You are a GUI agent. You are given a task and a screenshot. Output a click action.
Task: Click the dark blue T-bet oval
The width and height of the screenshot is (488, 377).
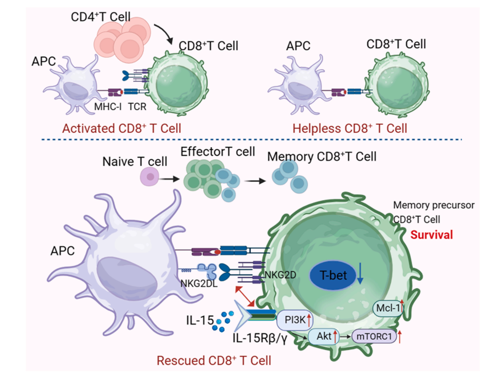[x=332, y=276]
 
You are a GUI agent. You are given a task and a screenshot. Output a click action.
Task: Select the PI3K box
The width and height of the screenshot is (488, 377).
[x=294, y=319]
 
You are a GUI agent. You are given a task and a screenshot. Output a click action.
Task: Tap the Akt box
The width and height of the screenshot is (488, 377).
[x=325, y=337]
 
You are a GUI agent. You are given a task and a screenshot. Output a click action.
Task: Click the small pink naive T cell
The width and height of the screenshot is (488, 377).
[x=150, y=179]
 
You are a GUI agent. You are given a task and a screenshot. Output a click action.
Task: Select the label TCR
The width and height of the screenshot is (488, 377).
[x=137, y=107]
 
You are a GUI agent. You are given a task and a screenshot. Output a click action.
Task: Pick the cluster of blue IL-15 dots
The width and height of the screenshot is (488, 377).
[x=220, y=323]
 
